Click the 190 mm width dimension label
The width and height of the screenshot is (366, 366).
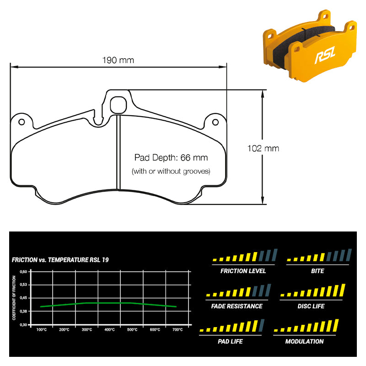118,60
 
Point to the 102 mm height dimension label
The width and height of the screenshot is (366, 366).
263,148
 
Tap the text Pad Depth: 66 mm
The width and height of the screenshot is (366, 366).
171,158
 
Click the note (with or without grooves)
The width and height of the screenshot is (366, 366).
171,172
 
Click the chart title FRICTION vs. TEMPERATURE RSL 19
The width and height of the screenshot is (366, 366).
60,260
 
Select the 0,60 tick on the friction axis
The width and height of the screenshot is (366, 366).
23,271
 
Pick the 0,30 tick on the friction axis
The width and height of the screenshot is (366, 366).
23,324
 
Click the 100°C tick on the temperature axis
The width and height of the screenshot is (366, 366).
41,330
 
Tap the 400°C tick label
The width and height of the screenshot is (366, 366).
109,330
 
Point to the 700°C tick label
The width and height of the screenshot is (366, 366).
177,330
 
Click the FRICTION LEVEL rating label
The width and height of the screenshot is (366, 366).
243,271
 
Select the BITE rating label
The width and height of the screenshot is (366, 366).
317,271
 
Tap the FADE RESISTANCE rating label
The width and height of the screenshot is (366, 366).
237,306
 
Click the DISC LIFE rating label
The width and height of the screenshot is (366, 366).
311,306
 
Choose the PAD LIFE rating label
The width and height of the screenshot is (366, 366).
230,341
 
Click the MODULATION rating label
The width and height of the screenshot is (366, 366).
304,341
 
